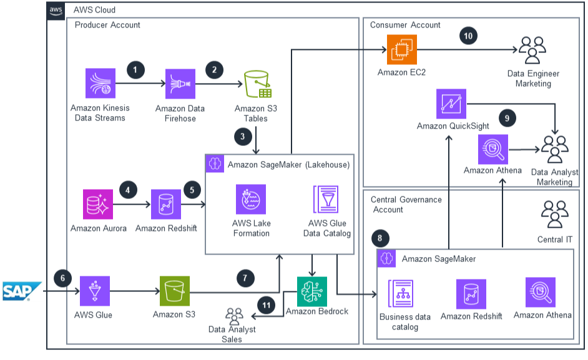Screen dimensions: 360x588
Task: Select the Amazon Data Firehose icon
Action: coord(180,84)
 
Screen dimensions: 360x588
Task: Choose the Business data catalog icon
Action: coord(404,293)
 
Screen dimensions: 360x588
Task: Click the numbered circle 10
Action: coord(468,36)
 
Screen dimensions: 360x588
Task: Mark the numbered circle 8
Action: coord(379,238)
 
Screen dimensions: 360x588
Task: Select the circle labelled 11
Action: coord(267,306)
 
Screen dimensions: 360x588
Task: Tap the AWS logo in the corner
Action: coord(56,10)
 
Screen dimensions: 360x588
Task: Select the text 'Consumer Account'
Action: coord(405,25)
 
